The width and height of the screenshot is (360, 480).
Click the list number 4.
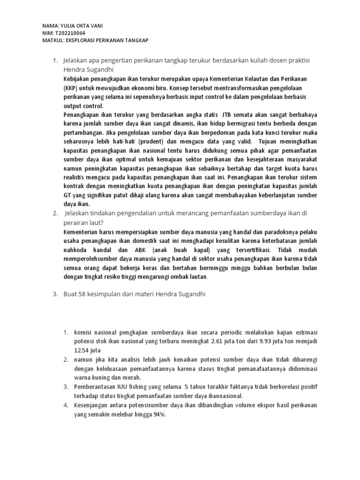(66, 405)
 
